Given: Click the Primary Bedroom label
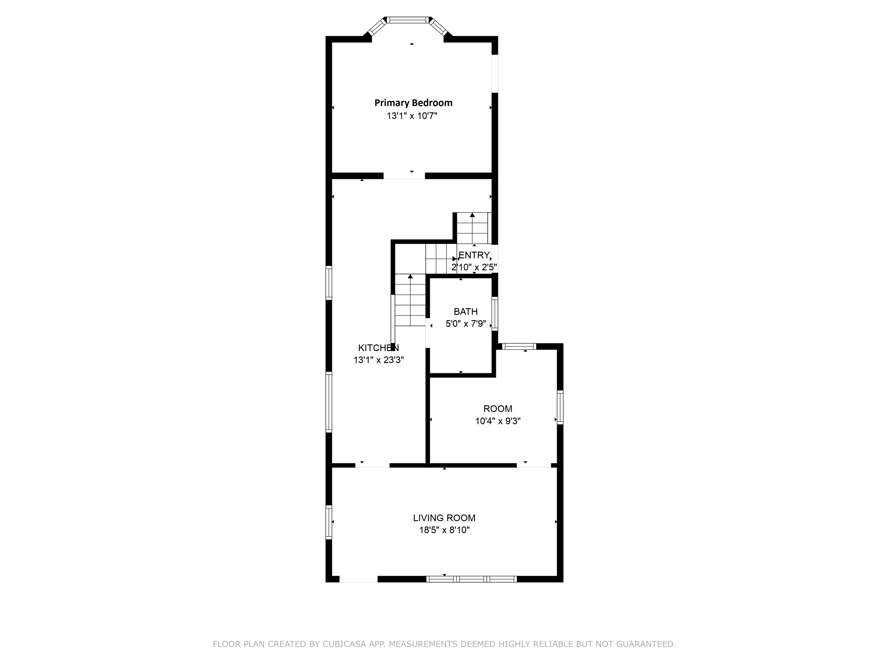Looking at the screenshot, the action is pyautogui.click(x=413, y=103).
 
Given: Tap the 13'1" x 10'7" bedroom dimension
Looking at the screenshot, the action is pyautogui.click(x=412, y=116).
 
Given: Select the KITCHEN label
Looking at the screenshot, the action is pyautogui.click(x=379, y=348).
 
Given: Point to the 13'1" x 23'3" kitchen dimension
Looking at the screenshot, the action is pyautogui.click(x=379, y=360).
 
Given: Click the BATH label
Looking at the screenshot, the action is pyautogui.click(x=466, y=312).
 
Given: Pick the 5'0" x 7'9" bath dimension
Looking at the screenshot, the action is pyautogui.click(x=466, y=324).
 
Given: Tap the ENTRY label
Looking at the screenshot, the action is pyautogui.click(x=474, y=255).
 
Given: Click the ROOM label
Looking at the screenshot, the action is pyautogui.click(x=498, y=409).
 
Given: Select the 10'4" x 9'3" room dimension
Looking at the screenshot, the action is pyautogui.click(x=498, y=421).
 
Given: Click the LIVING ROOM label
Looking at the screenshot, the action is pyautogui.click(x=444, y=518).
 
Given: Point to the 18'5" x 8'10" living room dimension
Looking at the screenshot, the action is pyautogui.click(x=444, y=531).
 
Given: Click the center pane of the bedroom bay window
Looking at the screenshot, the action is pyautogui.click(x=408, y=20).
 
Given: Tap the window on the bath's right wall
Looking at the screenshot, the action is pyautogui.click(x=495, y=314).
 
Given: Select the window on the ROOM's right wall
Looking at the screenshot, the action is pyautogui.click(x=560, y=407).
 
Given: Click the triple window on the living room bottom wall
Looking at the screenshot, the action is pyautogui.click(x=471, y=579).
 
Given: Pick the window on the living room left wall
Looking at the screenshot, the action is pyautogui.click(x=329, y=522).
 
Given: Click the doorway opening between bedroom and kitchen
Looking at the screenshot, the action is pyautogui.click(x=404, y=176).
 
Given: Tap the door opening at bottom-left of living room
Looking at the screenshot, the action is pyautogui.click(x=358, y=579).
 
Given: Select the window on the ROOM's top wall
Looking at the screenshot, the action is pyautogui.click(x=519, y=346).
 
